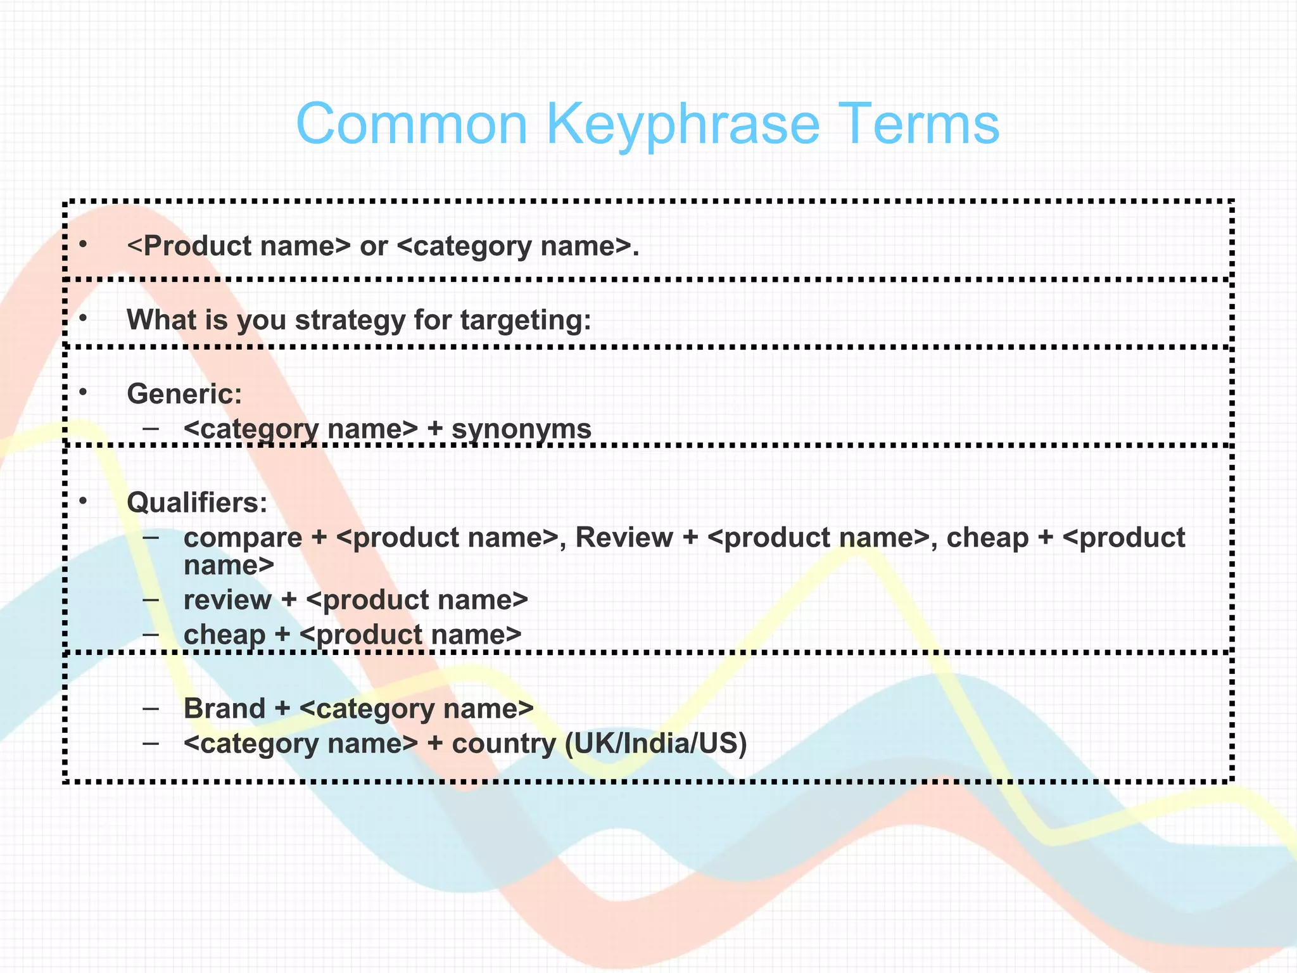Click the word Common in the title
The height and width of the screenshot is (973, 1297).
pos(412,124)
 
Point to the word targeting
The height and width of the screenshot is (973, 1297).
pos(525,321)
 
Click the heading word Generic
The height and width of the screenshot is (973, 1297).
pos(184,394)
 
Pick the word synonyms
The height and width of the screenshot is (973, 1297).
pos(521,429)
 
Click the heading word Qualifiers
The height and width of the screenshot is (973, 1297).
pos(197,503)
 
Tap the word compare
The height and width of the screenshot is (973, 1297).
pos(243,538)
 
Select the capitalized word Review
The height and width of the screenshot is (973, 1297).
pos(624,538)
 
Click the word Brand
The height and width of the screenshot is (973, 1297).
pos(224,709)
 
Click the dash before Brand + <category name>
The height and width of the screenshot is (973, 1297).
pos(151,708)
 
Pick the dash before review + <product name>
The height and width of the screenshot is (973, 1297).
pos(151,599)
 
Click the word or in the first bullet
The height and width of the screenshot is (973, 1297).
pos(373,247)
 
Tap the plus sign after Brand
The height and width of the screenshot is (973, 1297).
pos(282,709)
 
